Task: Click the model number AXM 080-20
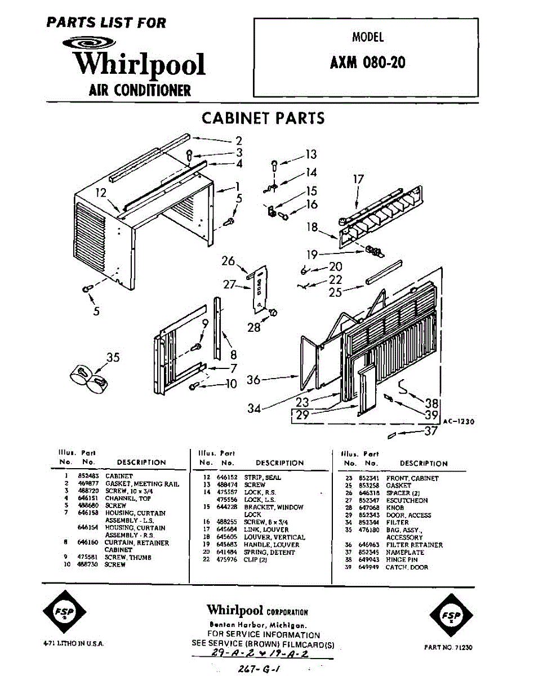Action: coord(367,63)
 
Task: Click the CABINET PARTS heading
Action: coord(263,118)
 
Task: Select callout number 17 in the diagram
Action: coord(358,180)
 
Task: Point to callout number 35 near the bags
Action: coord(113,357)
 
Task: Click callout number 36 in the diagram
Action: coord(253,380)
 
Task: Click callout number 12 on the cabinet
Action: coord(101,193)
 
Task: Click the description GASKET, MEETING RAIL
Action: coord(142,484)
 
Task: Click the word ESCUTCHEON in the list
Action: coord(407,500)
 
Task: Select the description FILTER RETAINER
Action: coord(414,545)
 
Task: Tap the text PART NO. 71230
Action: coord(448,647)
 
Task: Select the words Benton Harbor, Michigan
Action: coord(257,625)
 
